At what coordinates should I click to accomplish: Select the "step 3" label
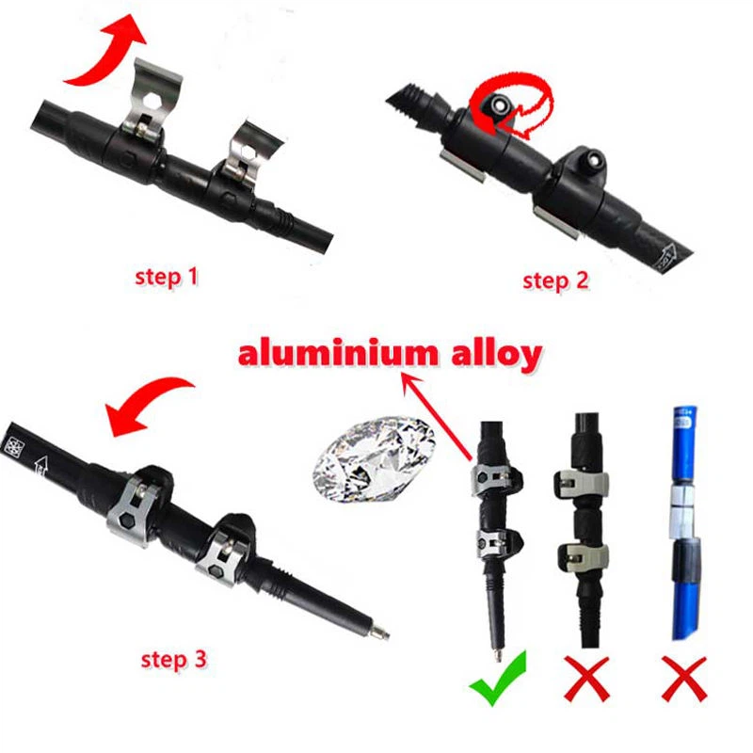click(x=173, y=659)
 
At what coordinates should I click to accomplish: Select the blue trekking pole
click(x=684, y=527)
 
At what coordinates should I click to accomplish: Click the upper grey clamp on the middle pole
click(x=583, y=480)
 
